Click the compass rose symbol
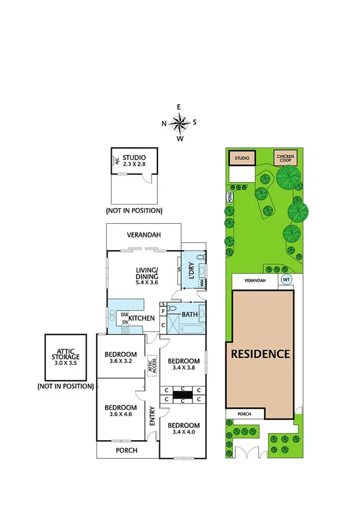(179, 123)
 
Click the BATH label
(191, 314)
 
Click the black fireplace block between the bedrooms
(183, 395)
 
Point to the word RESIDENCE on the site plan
(261, 354)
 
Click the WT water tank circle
(286, 280)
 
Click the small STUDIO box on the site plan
(242, 158)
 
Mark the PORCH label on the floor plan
(126, 450)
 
